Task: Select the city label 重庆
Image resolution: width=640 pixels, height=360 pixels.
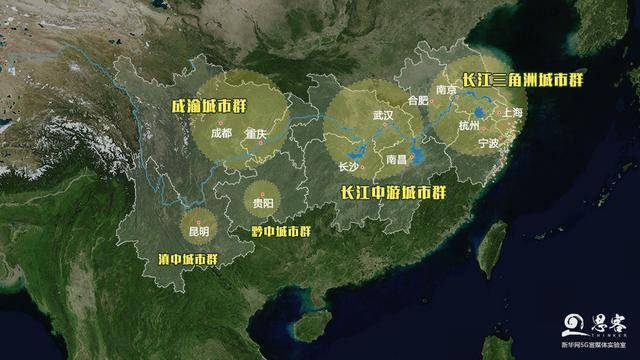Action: (x=256, y=133)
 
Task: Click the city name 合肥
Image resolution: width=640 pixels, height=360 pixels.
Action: (x=418, y=101)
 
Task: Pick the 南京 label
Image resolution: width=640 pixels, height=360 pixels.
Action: (x=445, y=91)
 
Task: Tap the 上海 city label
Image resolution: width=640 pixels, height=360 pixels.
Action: (x=513, y=113)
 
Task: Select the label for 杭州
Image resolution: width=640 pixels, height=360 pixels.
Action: (x=469, y=126)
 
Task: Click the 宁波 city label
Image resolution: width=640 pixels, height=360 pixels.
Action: (x=488, y=144)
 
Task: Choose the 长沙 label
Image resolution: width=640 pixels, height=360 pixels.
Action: (x=348, y=167)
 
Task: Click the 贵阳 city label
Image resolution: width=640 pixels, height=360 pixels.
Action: (x=264, y=203)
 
